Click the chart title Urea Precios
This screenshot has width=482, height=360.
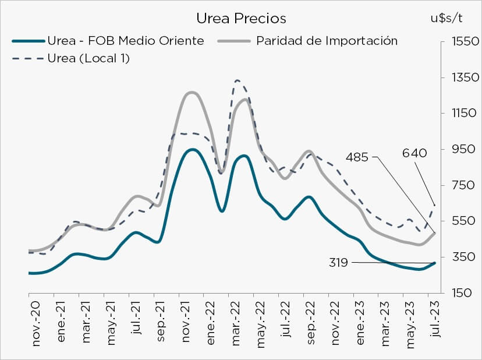click(241, 19)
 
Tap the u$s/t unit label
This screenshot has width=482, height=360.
click(446, 17)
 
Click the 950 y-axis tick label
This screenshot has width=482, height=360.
click(460, 149)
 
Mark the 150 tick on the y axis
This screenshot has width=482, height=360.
click(460, 293)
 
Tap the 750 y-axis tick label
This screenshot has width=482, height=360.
click(460, 185)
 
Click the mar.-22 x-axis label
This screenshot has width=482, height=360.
click(236, 325)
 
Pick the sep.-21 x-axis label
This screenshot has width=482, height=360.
click(161, 325)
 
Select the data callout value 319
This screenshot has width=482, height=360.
click(338, 263)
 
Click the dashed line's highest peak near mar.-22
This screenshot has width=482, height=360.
click(238, 80)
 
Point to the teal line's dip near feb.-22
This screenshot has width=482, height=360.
click(222, 211)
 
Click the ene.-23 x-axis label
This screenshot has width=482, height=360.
click(361, 325)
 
